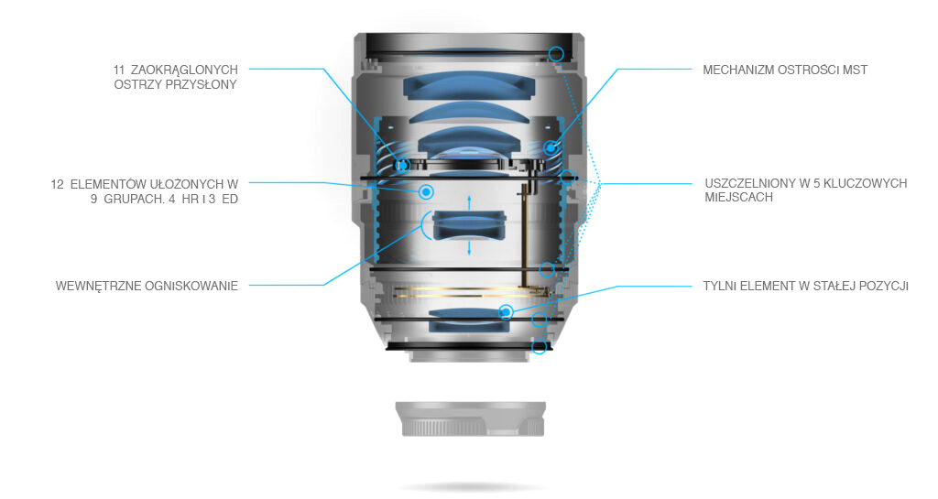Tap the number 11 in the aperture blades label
(119, 70)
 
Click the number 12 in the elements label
(58, 184)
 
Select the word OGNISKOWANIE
(192, 287)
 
